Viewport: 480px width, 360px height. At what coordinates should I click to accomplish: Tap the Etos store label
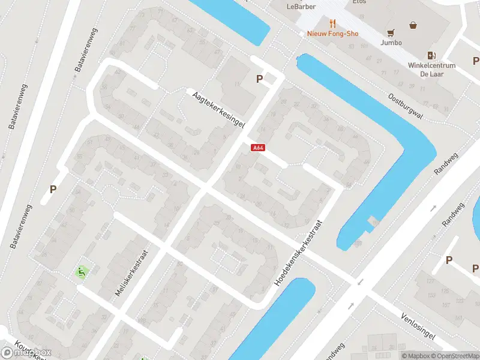pos(359,2)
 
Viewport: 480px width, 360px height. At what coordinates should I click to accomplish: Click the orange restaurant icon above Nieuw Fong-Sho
pos(332,24)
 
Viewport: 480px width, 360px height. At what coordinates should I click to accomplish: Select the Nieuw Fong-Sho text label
pos(332,34)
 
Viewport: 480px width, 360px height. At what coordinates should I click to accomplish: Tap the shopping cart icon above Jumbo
pos(391,32)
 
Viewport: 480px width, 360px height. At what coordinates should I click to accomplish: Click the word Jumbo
pos(391,43)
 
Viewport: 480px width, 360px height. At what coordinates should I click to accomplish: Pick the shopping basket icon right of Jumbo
pos(413,25)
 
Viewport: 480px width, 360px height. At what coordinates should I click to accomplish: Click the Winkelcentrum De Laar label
pos(431,69)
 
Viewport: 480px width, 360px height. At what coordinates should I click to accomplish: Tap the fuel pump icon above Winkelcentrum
pos(431,55)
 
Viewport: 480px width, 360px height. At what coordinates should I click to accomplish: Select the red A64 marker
pos(257,147)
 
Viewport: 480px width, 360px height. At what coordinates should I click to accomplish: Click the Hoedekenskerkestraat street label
pos(299,251)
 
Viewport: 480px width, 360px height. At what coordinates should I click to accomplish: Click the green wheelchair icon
pos(80,272)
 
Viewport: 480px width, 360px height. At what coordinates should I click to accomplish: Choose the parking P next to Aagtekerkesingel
pos(260,79)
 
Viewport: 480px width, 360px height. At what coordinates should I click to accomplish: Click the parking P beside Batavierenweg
pos(53,189)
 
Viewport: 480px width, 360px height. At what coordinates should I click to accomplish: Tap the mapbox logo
pos(25,352)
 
